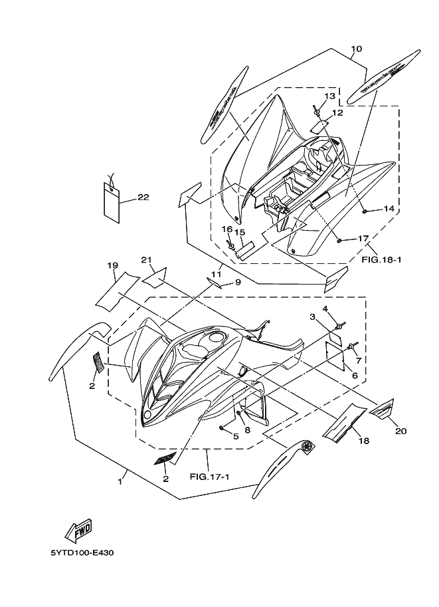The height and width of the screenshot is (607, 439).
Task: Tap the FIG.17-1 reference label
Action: [x=209, y=476]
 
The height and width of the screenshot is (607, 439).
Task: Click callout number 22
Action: [x=143, y=197]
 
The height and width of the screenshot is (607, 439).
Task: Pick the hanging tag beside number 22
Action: [x=112, y=201]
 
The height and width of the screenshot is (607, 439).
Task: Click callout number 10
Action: [x=356, y=49]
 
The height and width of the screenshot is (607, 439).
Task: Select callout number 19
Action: [x=113, y=266]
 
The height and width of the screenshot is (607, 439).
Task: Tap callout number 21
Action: [x=147, y=259]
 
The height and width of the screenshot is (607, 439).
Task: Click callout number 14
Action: [x=389, y=209]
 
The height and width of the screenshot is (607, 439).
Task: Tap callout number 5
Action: [x=235, y=436]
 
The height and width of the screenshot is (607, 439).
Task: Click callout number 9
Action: [x=237, y=282]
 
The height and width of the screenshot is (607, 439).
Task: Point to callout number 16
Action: [x=226, y=229]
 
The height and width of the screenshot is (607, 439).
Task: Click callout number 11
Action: [x=216, y=273]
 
